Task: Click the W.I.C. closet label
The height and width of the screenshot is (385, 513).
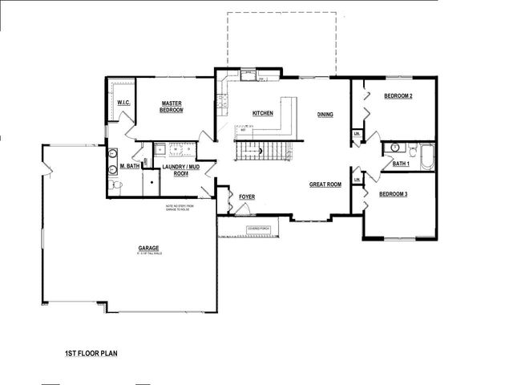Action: (124, 103)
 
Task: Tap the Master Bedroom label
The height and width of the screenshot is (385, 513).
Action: (172, 107)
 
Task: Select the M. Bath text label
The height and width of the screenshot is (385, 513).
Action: (131, 166)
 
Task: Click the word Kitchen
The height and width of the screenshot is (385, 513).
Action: (263, 113)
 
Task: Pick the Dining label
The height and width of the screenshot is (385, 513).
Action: (325, 114)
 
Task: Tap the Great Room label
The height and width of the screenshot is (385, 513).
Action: (325, 184)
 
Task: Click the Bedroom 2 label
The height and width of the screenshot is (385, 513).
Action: (398, 96)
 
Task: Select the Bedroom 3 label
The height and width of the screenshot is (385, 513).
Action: (394, 194)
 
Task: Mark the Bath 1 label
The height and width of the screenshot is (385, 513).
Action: (401, 164)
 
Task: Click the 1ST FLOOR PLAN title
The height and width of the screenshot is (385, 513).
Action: (91, 352)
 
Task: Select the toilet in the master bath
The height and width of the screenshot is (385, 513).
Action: (117, 184)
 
